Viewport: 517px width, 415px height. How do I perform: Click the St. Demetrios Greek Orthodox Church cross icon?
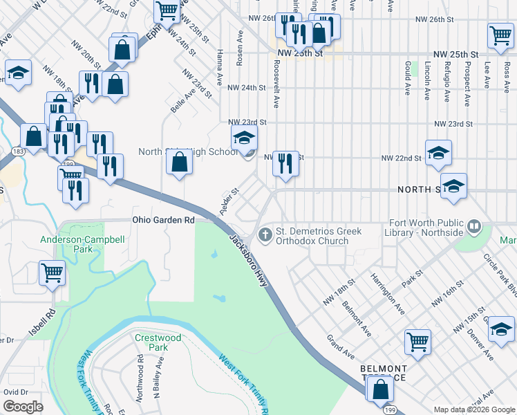264,236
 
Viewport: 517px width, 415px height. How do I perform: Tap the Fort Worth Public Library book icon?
474,226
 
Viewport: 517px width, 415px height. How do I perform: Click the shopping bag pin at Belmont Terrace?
380,390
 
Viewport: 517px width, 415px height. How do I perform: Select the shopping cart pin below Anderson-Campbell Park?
53,273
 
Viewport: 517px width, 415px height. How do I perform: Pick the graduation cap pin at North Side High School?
243,138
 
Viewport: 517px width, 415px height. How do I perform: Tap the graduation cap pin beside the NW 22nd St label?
438,154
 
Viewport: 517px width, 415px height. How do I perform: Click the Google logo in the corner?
23,407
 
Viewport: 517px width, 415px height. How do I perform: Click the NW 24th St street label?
247,88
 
